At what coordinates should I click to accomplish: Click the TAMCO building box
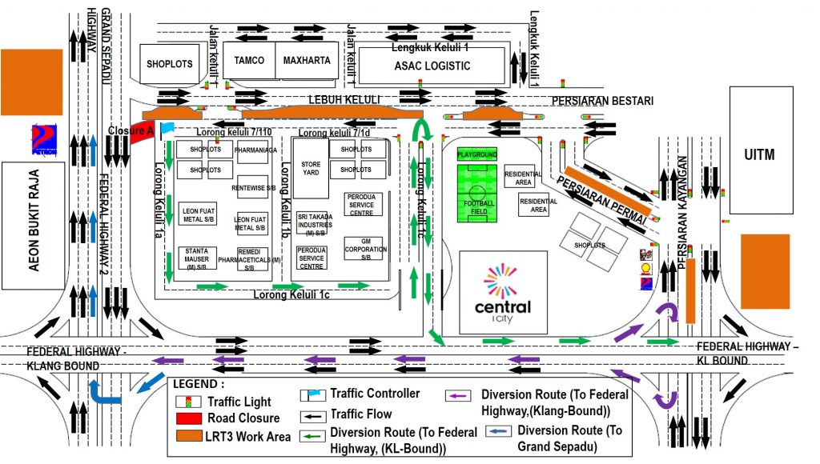click(249, 61)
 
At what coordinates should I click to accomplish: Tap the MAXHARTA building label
click(305, 61)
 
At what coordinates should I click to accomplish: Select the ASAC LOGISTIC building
click(432, 66)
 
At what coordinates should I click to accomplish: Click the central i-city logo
click(502, 291)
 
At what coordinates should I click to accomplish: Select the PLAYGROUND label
click(476, 154)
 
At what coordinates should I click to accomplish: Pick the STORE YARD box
click(311, 168)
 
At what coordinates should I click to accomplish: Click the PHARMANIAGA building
click(255, 150)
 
